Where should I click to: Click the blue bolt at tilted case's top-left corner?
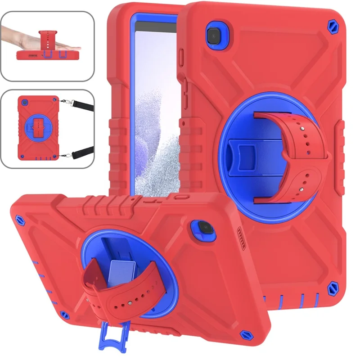(x=20, y=220)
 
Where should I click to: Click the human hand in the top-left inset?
(x=27, y=43)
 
